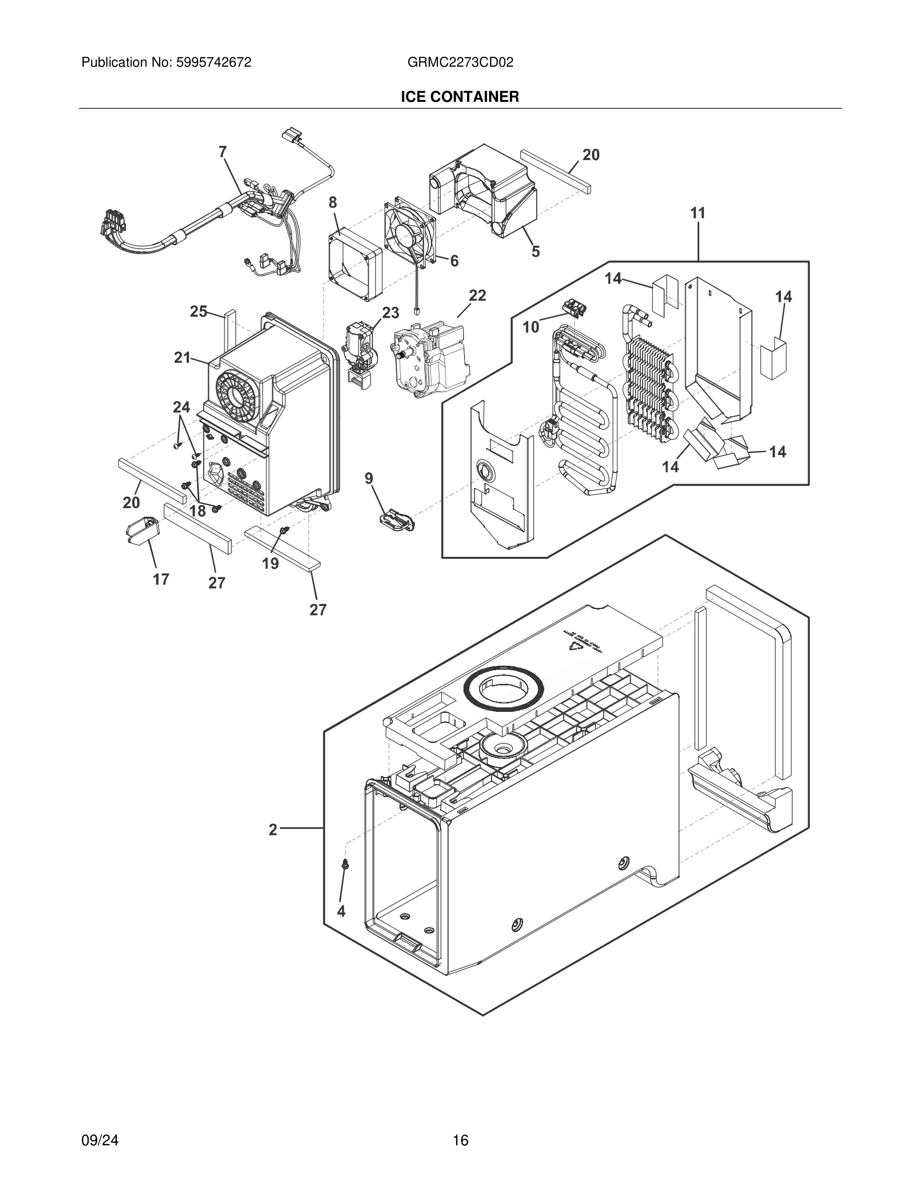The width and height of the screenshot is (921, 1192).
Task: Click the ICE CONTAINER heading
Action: (x=460, y=97)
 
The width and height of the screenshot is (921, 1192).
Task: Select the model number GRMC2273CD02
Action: (x=460, y=63)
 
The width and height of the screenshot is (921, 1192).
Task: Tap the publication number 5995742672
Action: (x=213, y=63)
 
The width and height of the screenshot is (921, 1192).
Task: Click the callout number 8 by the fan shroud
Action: (x=332, y=203)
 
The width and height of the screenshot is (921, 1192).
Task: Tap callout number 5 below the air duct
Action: (x=536, y=252)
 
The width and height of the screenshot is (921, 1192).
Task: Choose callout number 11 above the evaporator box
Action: (x=698, y=213)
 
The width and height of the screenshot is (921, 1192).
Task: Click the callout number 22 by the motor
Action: (x=478, y=295)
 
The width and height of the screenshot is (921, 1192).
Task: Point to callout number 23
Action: (x=390, y=313)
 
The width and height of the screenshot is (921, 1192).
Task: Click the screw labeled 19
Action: (x=284, y=530)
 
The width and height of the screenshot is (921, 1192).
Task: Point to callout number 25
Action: (x=198, y=312)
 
